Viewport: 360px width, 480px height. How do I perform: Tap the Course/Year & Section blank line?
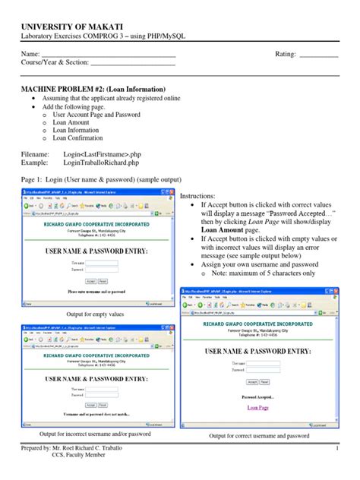point(133,65)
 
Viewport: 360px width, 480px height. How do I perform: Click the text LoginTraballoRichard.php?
point(101,163)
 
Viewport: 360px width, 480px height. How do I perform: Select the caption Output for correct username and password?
point(259,436)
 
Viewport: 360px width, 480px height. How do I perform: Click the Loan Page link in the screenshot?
point(258,408)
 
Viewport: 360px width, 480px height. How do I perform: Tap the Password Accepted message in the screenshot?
point(258,397)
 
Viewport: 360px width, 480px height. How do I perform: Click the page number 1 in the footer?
point(336,450)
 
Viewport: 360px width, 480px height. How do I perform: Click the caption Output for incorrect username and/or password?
point(94,434)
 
